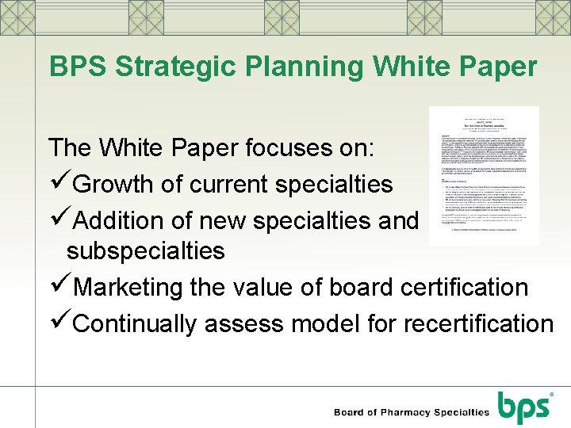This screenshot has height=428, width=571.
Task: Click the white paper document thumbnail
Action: [x=484, y=175]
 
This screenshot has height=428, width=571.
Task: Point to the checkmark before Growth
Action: [x=59, y=183]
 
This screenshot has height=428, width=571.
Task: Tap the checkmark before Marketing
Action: [x=59, y=287]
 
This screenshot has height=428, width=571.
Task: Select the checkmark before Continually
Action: [x=59, y=323]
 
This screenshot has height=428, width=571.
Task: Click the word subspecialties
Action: [x=146, y=251]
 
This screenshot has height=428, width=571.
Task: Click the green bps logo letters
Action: [x=523, y=406]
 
